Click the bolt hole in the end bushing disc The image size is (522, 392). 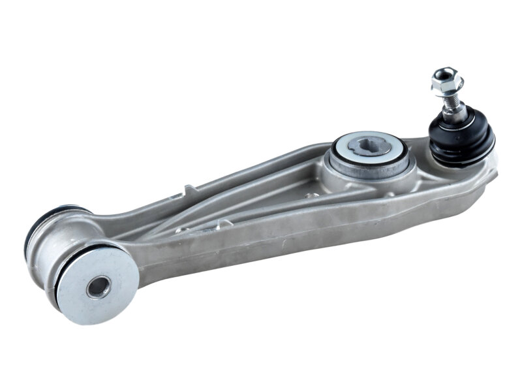pyautogui.click(x=99, y=286)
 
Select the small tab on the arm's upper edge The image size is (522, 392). pyautogui.click(x=189, y=190)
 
